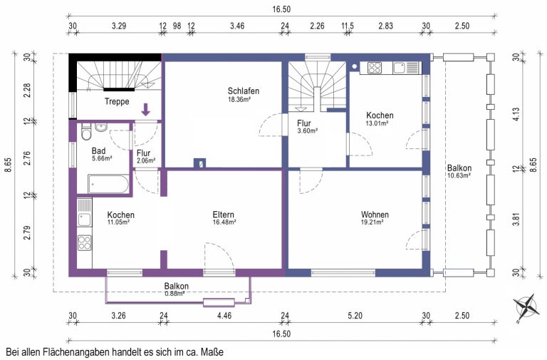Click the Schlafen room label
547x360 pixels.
click(x=243, y=91)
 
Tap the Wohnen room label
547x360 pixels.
click(x=375, y=215)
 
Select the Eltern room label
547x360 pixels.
click(x=223, y=215)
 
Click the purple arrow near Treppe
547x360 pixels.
click(x=146, y=109)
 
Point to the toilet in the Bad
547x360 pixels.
click(x=85, y=131)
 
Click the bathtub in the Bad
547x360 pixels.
click(x=108, y=184)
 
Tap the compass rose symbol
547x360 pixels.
click(x=526, y=307)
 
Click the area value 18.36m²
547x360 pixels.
click(x=239, y=99)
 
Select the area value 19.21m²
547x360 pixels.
click(x=373, y=222)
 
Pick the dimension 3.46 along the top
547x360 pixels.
click(x=237, y=26)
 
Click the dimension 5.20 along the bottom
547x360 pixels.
click(x=355, y=316)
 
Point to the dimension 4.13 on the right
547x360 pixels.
click(x=516, y=114)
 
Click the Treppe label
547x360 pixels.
click(x=117, y=102)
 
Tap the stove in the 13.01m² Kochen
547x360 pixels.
click(x=375, y=68)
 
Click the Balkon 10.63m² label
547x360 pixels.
click(x=459, y=171)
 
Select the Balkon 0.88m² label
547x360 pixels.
click(x=176, y=289)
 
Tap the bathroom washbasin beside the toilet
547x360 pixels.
click(x=101, y=127)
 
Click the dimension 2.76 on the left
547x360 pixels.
click(x=27, y=158)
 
